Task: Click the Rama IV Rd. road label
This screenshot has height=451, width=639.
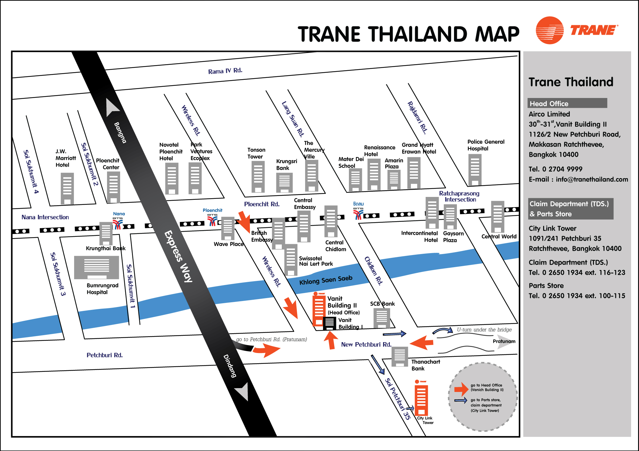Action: [225, 71]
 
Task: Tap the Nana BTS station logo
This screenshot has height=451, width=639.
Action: [118, 223]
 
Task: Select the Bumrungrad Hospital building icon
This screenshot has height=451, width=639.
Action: [96, 267]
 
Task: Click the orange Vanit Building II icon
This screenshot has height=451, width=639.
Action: [318, 311]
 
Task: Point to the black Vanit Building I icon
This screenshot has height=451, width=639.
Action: [329, 323]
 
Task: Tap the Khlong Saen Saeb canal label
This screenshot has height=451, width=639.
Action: [326, 280]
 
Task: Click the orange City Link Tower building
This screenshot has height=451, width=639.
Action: [421, 400]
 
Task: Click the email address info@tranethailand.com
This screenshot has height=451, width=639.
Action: [592, 179]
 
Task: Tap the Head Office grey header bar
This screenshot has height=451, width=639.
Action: [567, 103]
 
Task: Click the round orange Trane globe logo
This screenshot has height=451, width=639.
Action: [550, 30]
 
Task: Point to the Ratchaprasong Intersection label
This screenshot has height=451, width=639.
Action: [459, 196]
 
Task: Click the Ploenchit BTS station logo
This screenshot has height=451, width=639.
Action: [212, 220]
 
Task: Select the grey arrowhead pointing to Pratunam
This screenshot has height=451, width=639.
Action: [504, 343]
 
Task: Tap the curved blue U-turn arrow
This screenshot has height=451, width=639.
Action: [443, 331]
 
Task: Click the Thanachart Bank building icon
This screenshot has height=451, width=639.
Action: [400, 356]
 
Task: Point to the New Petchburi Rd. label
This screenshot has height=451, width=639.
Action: [366, 344]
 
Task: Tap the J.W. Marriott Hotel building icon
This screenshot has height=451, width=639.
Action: [67, 188]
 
